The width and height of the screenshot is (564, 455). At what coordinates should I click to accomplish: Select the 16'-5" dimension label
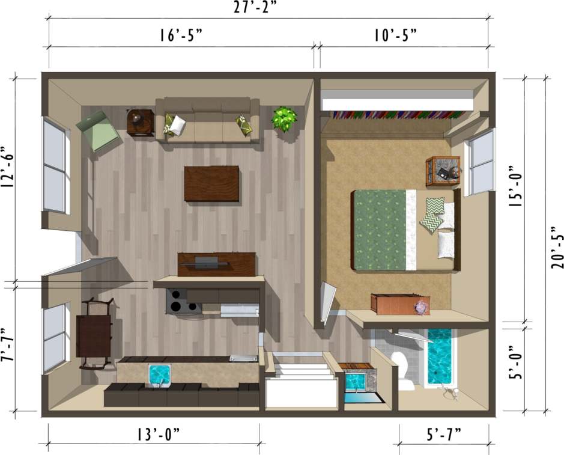[181, 35]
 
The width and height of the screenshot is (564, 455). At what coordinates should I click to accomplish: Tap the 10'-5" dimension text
[395, 35]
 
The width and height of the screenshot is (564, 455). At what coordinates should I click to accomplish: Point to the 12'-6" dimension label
[9, 166]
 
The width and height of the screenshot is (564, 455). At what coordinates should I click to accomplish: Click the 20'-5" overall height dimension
[556, 246]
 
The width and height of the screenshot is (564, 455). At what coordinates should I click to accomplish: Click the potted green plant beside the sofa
[284, 118]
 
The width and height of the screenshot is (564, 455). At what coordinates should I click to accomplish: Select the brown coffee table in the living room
[211, 183]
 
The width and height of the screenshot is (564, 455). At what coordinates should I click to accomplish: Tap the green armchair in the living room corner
[98, 131]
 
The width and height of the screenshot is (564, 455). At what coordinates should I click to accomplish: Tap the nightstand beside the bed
[443, 172]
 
